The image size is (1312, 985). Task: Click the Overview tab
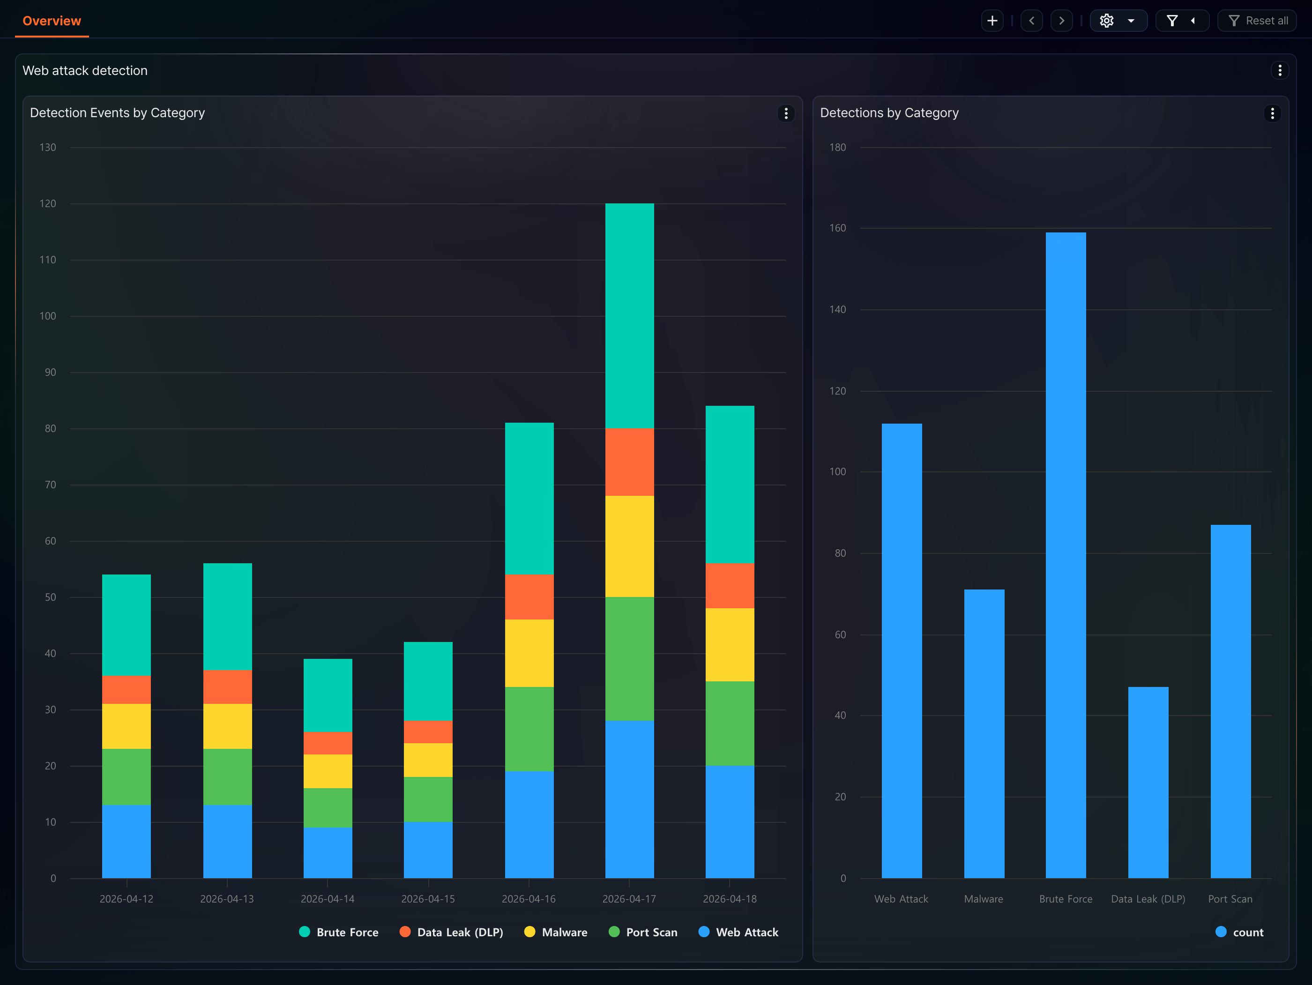[52, 21]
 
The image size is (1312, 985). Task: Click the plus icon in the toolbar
[991, 21]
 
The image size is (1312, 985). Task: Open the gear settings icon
[1106, 21]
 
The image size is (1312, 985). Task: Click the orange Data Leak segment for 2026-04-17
[629, 462]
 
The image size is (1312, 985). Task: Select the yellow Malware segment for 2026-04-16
[529, 653]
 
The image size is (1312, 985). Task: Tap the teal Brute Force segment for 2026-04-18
[730, 485]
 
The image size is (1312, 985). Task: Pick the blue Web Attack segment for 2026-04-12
[127, 842]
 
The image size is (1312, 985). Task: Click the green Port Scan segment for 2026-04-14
[328, 808]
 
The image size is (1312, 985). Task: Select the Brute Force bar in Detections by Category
[1066, 555]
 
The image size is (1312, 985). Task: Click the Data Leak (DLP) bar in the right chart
[1148, 783]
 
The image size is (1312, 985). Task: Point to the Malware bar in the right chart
[984, 733]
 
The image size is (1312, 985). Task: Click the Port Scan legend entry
[643, 932]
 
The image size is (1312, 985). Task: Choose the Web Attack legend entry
[738, 932]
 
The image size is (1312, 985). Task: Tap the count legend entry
[1240, 932]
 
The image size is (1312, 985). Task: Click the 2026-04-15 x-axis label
[428, 899]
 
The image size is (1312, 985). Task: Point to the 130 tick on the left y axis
[48, 147]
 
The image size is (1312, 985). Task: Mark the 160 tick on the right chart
[837, 228]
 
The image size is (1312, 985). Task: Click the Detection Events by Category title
[118, 112]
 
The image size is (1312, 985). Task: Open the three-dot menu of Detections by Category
[1272, 113]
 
